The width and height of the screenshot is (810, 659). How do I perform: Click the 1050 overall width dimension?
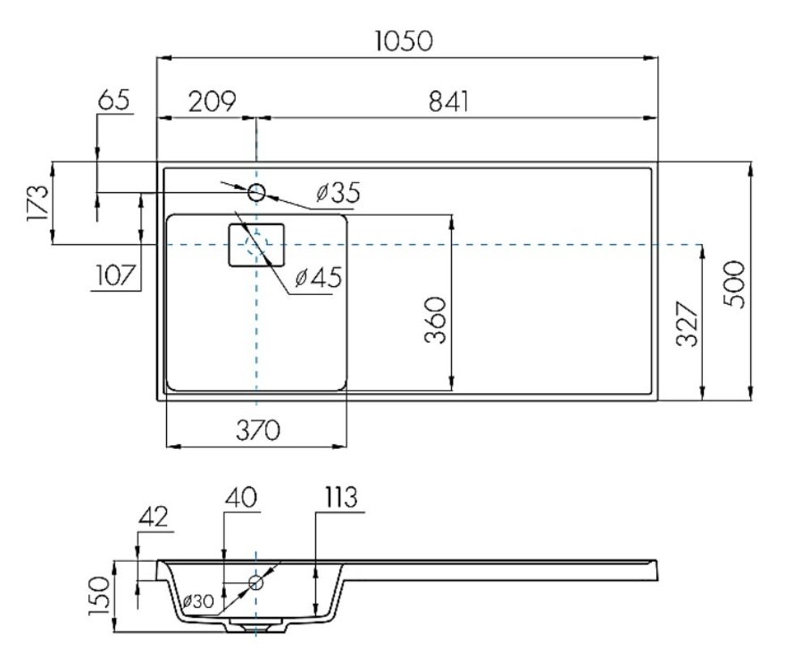[x=404, y=40]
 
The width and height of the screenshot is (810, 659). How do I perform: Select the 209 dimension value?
[x=211, y=101]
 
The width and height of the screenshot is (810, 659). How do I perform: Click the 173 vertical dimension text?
[x=36, y=203]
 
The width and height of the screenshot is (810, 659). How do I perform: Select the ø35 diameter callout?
[x=337, y=193]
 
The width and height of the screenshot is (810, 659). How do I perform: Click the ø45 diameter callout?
[x=318, y=277]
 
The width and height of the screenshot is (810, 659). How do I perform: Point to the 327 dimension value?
[x=687, y=324]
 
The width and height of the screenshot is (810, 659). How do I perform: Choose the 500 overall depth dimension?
[x=733, y=284]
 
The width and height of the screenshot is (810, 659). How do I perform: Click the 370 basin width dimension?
[x=258, y=430]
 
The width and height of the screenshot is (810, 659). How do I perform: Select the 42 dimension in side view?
[x=155, y=516]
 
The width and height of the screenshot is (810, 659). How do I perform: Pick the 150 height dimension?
[x=99, y=597]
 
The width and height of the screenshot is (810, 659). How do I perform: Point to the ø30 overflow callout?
[x=198, y=601]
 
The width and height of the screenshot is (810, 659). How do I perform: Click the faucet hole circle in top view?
[x=257, y=193]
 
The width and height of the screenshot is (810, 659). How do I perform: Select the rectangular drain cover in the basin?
[x=257, y=245]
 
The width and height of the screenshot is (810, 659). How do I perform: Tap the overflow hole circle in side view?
[x=257, y=581]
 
